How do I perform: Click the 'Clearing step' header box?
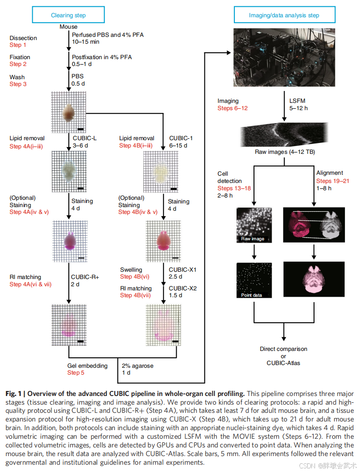point(68,15)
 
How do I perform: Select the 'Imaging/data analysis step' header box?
point(284,15)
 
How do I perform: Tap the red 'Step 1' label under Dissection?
point(18,45)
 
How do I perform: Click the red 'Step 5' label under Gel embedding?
point(76,373)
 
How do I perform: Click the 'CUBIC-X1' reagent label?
point(183,269)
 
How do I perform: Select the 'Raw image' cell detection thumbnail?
point(254,225)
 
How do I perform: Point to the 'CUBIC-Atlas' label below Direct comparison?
point(284,363)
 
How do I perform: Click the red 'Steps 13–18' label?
point(234,188)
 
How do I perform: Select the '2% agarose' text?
point(137,365)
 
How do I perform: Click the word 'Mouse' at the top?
point(68,27)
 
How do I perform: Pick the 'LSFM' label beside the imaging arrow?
point(299,102)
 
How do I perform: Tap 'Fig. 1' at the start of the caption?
point(14,393)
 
